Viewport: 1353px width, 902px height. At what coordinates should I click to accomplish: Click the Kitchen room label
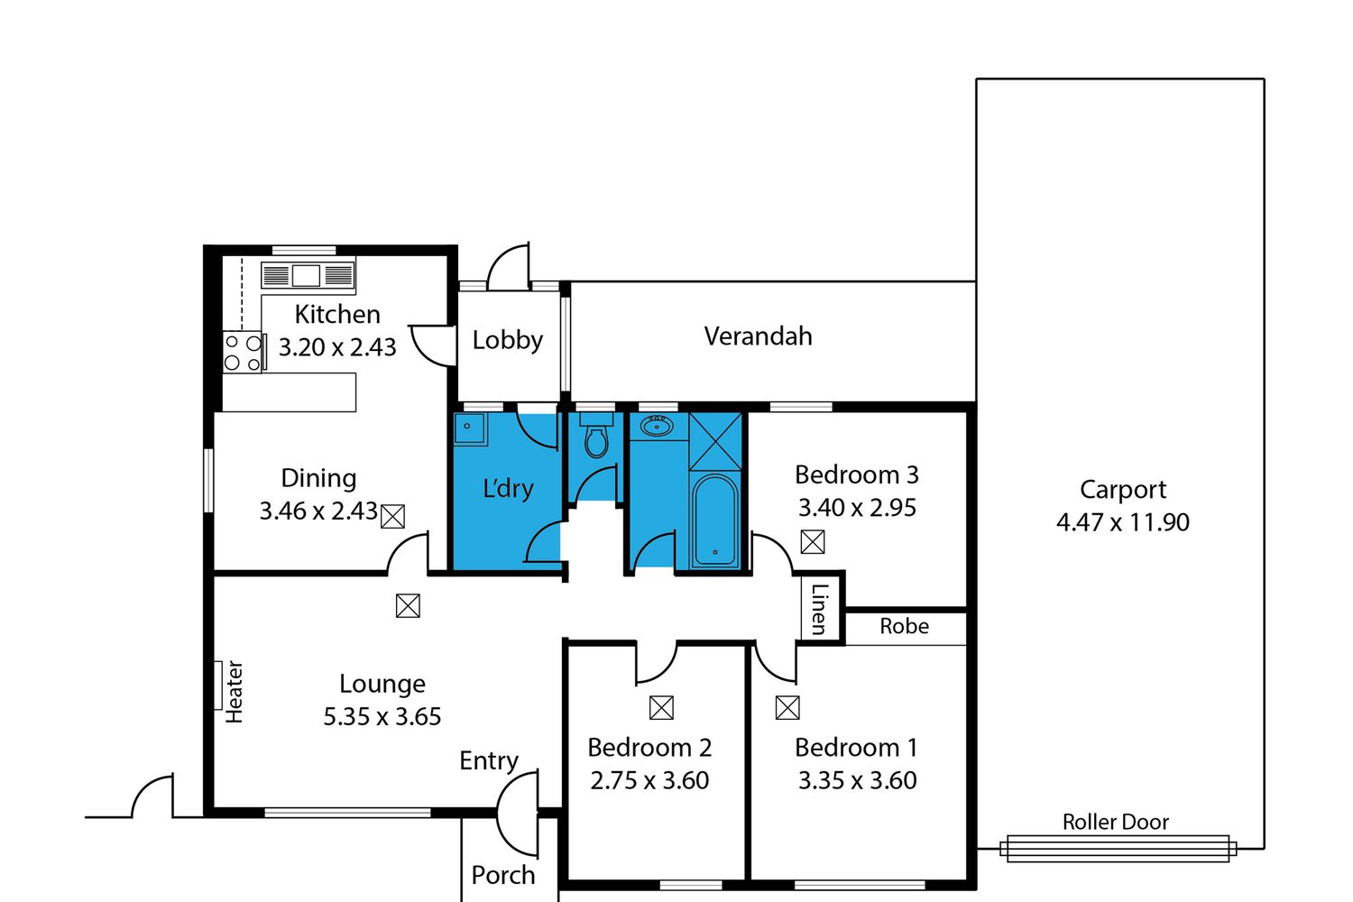tap(337, 315)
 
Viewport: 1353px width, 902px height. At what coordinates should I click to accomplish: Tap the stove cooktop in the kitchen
tap(243, 352)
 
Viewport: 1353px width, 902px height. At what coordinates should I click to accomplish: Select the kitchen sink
tap(308, 275)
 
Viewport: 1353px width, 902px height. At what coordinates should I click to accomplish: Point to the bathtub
tap(715, 520)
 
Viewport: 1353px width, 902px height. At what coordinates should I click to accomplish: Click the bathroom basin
tap(657, 427)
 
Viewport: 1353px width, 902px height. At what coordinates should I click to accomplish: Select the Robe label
tap(904, 627)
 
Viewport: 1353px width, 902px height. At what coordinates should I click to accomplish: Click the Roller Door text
tap(1116, 823)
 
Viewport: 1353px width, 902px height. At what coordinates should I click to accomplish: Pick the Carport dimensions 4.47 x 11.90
tap(1123, 522)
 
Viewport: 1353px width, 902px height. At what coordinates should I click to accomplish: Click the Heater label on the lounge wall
tap(234, 692)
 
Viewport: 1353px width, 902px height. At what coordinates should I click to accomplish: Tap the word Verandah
tap(758, 336)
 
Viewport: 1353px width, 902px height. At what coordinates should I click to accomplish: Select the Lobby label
tap(507, 340)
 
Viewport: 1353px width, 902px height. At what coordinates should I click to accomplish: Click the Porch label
tap(503, 876)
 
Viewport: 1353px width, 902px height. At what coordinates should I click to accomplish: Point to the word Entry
tap(489, 761)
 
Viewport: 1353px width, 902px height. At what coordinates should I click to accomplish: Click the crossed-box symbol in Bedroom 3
tap(813, 542)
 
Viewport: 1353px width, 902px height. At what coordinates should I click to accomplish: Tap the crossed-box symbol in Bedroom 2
tap(661, 707)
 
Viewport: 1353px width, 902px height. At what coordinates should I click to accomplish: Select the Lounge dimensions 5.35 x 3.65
tap(382, 716)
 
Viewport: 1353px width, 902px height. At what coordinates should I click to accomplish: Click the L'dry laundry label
tap(508, 488)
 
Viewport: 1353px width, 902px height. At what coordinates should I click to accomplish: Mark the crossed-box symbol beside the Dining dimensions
tap(392, 517)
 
